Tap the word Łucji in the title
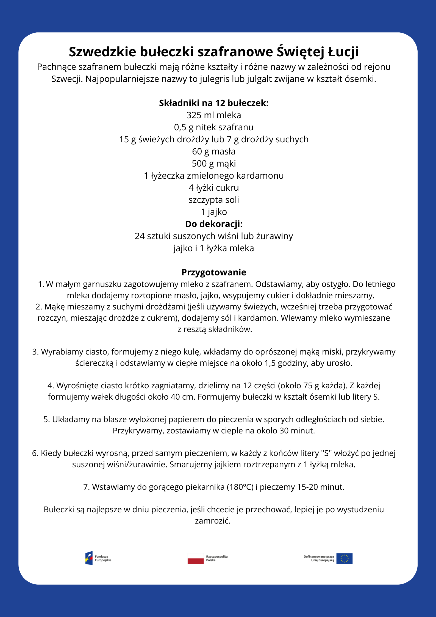coord(343,52)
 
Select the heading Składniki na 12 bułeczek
coord(214,103)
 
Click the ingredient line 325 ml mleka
coord(214,115)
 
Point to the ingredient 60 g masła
coord(214,151)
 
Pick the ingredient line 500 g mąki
coord(214,164)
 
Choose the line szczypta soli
coord(214,200)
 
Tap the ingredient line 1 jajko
coord(214,212)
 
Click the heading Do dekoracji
coord(214,224)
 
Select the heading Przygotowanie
coord(214,272)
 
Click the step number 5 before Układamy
coord(46,419)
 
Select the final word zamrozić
coord(213,521)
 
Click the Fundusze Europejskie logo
coord(89,558)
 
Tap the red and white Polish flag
coord(196,558)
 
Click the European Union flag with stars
coord(344,558)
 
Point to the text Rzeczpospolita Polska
coord(217,558)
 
